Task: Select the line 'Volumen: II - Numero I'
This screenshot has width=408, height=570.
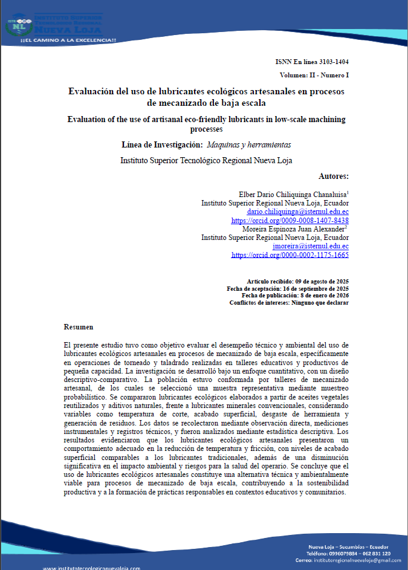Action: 314,75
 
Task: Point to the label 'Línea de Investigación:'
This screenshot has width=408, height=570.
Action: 161,145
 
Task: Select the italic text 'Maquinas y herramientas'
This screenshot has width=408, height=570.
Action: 248,145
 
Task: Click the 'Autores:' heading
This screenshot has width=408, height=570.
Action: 333,176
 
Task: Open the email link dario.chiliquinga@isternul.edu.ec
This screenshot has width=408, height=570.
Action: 298,212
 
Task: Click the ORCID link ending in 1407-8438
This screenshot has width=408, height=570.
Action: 290,221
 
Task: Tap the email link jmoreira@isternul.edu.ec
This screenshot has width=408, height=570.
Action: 311,246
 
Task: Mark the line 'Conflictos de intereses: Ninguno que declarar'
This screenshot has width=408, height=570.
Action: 289,302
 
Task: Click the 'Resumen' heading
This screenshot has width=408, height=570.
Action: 79,326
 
